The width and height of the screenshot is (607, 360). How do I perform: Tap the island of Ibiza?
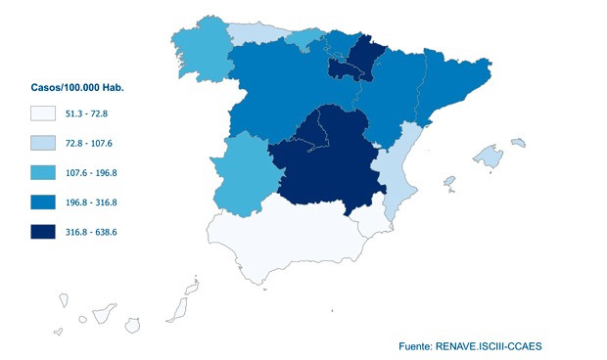[x=449, y=182]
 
